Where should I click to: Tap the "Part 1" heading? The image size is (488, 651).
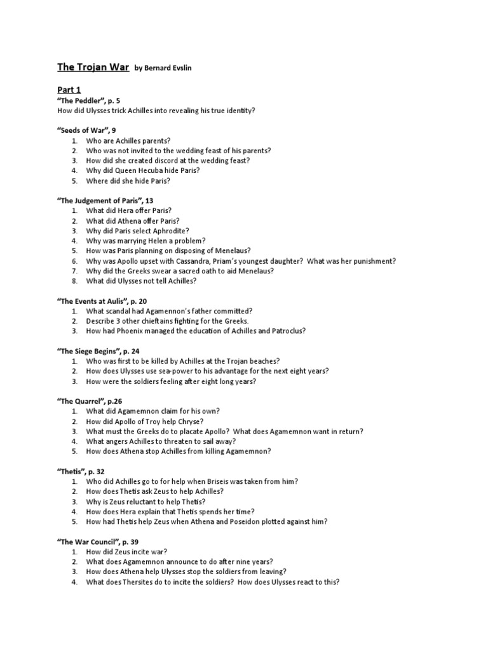point(69,90)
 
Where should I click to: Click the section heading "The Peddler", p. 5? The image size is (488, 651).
point(88,100)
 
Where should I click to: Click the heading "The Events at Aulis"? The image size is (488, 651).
point(102,301)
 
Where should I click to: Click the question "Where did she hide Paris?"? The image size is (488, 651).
point(128,181)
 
